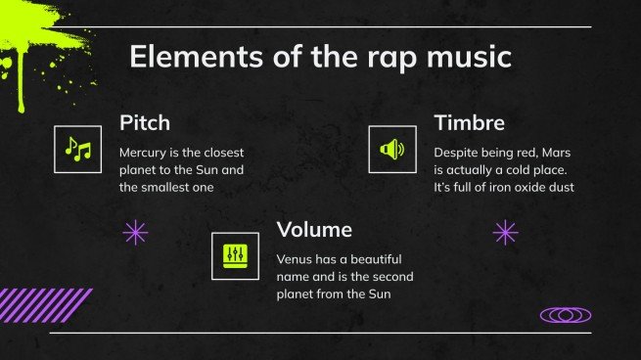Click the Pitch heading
pos(145,123)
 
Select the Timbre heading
pos(469,123)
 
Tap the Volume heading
pos(314,230)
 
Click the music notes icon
pos(77,150)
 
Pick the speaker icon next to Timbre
pos(391,150)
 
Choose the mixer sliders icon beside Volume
pos(235,256)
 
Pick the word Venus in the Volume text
pos(297,259)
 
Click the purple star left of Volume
pos(135,232)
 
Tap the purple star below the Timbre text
pos(505,232)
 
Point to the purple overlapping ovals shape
pos(565,315)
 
